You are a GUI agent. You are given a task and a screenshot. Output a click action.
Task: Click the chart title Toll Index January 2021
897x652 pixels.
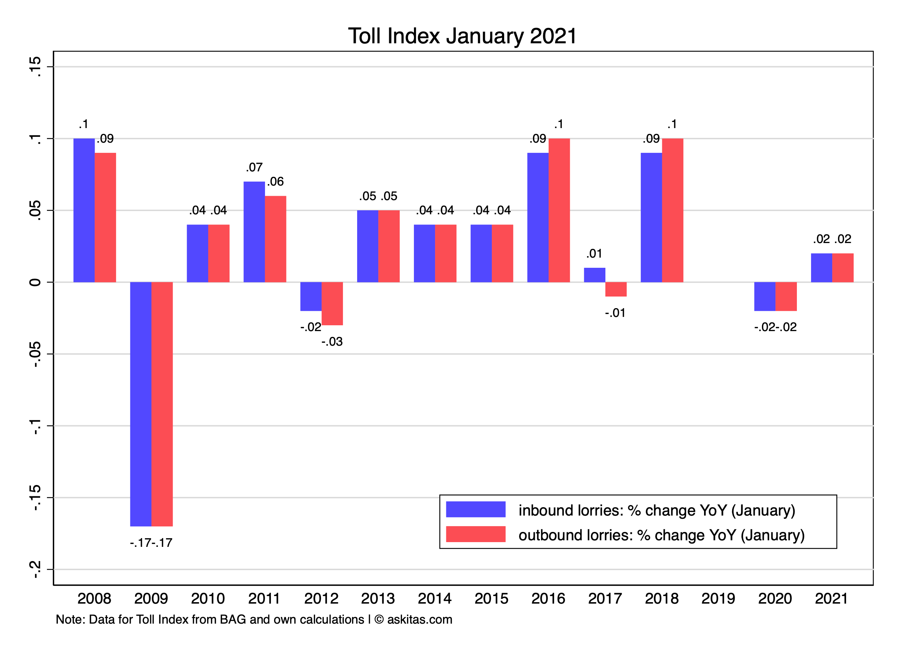click(462, 36)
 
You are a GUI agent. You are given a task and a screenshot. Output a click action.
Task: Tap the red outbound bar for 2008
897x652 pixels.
click(105, 217)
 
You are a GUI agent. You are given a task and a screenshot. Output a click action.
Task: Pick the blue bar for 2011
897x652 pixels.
click(254, 232)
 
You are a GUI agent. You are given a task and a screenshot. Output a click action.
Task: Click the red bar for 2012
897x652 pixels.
click(332, 303)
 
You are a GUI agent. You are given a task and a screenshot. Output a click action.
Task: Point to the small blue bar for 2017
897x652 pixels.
click(594, 275)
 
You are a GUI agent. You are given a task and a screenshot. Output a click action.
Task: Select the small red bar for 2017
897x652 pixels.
click(616, 289)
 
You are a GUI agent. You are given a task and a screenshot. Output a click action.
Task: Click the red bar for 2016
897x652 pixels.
click(559, 210)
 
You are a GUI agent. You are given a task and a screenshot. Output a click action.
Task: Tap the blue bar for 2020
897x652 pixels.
click(764, 296)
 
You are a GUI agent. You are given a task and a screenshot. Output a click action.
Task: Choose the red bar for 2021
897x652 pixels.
click(843, 268)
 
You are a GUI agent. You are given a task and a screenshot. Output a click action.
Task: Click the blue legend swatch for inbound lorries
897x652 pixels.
click(475, 509)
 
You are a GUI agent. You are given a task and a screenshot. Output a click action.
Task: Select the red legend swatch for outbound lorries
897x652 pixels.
click(475, 534)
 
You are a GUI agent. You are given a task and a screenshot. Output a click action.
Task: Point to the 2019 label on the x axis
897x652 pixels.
click(718, 599)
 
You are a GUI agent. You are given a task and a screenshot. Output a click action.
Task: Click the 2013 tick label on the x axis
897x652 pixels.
click(378, 599)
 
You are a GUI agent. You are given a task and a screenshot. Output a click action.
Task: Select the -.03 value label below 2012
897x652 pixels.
click(332, 342)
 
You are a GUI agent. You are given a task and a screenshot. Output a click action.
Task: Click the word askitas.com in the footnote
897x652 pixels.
click(420, 620)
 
